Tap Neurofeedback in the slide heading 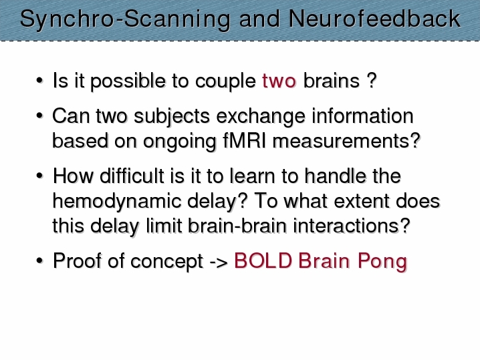pyautogui.click(x=374, y=19)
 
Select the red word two pyautogui.click(x=279, y=81)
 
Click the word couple pyautogui.click(x=225, y=81)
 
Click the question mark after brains pyautogui.click(x=371, y=81)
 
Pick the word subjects pyautogui.click(x=172, y=117)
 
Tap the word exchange pyautogui.click(x=261, y=117)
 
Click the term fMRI pyautogui.click(x=244, y=141)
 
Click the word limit pyautogui.click(x=164, y=226)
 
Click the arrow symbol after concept pyautogui.click(x=219, y=262)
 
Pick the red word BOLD pyautogui.click(x=263, y=261)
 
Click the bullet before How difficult pyautogui.click(x=39, y=176)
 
